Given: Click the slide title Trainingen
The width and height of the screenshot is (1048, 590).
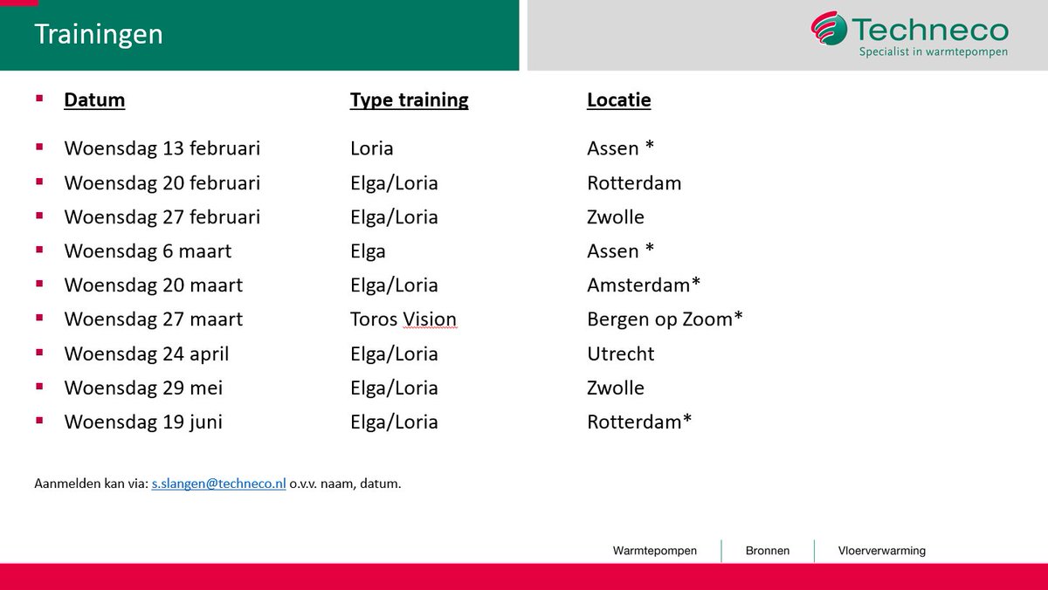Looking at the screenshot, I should pos(99,35).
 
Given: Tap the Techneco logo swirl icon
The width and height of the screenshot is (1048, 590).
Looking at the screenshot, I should pos(828,29).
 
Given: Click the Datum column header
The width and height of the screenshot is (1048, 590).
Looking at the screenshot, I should pos(94,99).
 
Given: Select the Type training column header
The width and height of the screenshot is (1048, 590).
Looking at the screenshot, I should pos(409,99).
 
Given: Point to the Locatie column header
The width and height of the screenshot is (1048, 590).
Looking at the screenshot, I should pos(618,99).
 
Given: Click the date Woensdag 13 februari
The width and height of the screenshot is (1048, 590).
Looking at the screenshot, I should pos(162,148).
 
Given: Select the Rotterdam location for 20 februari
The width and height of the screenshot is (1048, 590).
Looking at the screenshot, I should pos(634,183).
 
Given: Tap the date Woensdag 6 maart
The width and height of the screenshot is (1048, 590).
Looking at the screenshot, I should pos(148,251).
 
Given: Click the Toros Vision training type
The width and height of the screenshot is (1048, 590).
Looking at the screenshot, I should pos(403,319).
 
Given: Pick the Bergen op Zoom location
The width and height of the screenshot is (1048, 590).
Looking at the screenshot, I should pos(665,319).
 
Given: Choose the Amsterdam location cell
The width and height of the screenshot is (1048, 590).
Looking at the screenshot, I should pos(644,285).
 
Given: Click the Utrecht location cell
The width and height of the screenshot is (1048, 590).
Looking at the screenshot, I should pos(620,353).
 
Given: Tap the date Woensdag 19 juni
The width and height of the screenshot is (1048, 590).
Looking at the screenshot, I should pos(143,422).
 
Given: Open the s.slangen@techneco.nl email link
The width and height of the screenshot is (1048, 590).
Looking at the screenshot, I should pos(218,484).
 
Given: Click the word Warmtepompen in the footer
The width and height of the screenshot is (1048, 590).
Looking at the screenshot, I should pos(655,551).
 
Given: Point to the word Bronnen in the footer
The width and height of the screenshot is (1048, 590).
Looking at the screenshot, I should pos(768,551).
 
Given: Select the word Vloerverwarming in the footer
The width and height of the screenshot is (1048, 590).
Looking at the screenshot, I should pos(881,551).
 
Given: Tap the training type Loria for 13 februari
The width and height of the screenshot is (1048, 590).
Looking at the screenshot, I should pos(371,148).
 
